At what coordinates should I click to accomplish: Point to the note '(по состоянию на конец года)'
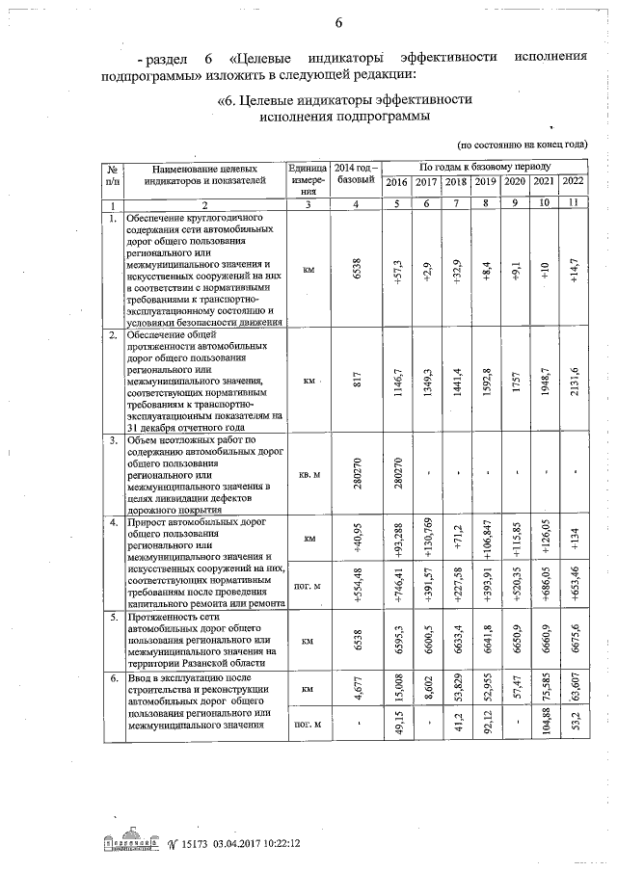[523, 144]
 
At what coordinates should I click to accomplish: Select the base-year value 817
[357, 381]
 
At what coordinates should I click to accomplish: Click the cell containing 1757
[515, 381]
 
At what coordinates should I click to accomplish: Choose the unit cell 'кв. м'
[308, 474]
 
